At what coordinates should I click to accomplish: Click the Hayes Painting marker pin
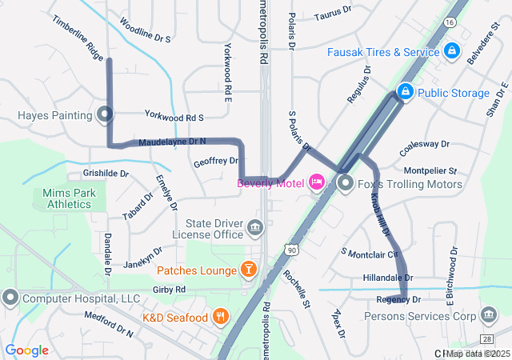105,114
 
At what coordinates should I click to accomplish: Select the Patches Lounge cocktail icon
249,270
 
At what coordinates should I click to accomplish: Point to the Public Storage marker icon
406,93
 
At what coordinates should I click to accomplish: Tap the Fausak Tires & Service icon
452,51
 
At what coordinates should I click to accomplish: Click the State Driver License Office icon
255,228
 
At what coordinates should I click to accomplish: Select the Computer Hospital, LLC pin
10,298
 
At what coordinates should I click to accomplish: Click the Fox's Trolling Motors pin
346,185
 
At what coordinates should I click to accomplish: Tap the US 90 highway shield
294,251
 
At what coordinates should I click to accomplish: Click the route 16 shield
453,22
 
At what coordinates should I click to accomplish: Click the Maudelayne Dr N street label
172,141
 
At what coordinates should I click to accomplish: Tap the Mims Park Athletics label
69,198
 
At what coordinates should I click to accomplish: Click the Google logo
27,350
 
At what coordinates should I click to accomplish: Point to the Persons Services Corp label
408,316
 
